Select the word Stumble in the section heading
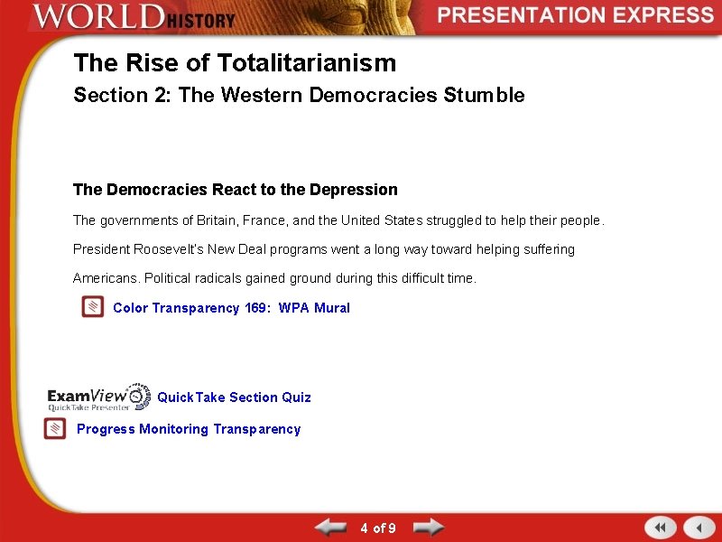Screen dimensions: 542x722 click(x=484, y=96)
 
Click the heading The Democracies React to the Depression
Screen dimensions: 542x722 click(x=235, y=190)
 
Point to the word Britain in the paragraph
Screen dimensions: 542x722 click(x=180, y=220)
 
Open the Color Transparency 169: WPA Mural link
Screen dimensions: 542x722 click(x=231, y=308)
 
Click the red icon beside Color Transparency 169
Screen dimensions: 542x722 click(x=92, y=307)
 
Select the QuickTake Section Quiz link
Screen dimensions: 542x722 click(x=234, y=397)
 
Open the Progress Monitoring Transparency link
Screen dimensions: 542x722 click(x=189, y=429)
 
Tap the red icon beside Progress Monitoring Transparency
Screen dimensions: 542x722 click(x=56, y=429)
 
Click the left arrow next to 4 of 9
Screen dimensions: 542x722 click(x=330, y=528)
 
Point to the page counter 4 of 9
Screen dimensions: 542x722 click(x=377, y=528)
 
